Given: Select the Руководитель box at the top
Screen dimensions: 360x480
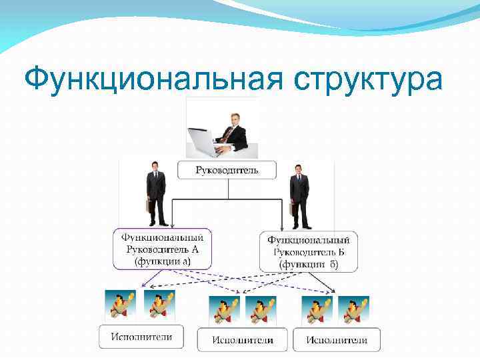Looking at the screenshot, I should [227, 170].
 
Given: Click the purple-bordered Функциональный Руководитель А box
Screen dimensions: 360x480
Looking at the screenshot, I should [162, 249].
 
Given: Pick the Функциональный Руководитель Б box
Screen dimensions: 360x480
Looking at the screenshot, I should [307, 251].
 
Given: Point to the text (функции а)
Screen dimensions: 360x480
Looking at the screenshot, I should [162, 262].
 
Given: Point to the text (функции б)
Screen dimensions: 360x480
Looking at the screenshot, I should [309, 265].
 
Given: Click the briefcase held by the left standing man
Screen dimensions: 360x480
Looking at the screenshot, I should [149, 205].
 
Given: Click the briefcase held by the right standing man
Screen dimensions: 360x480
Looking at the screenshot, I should [292, 207].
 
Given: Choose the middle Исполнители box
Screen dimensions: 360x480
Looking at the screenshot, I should [243, 340].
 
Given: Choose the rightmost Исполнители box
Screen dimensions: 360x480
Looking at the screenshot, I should [336, 340].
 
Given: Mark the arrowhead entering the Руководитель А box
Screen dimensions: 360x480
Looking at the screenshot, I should [172, 226].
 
